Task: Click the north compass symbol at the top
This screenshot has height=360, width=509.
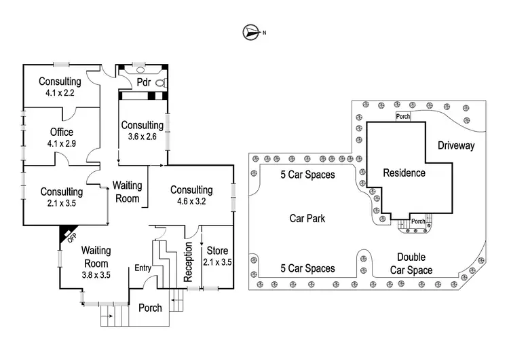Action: pos(251,31)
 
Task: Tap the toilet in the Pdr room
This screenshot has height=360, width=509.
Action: pos(161,82)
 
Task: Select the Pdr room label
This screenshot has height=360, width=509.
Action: pos(143,83)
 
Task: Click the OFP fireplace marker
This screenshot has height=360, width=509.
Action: pos(69,235)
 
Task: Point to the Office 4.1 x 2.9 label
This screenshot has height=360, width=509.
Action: pos(60,137)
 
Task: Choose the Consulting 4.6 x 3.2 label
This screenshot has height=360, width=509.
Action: pos(191,195)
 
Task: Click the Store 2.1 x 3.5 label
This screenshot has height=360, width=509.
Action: pos(218,256)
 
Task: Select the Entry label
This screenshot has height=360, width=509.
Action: pos(143,268)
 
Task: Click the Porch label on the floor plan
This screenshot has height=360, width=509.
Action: pos(150,308)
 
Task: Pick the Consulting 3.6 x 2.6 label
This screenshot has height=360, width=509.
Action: pos(142,130)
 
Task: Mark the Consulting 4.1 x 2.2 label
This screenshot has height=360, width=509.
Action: pos(60,87)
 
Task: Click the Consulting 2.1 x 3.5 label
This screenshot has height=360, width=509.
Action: pos(61,197)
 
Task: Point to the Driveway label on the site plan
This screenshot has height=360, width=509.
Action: pos(456,145)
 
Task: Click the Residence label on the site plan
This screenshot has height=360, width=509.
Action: pos(404,173)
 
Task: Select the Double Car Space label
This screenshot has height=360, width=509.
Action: pos(411,263)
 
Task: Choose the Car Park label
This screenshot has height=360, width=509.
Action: pos(307,219)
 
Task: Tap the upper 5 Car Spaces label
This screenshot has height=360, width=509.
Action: pos(308,175)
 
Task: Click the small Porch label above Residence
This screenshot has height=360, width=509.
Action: pos(403,116)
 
